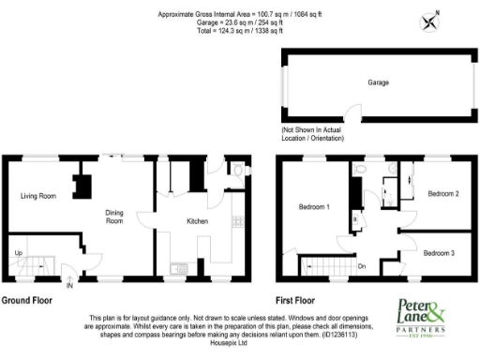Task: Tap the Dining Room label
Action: [113, 217]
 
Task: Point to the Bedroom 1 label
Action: [314, 206]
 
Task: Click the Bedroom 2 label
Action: [442, 194]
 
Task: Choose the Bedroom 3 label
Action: [437, 253]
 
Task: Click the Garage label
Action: [378, 82]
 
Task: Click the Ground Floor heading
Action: [26, 302]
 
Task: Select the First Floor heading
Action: [293, 302]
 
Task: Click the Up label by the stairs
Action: [18, 253]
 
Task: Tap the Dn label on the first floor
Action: [362, 266]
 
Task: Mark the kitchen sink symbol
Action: [176, 270]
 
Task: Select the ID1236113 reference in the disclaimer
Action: [346, 333]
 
